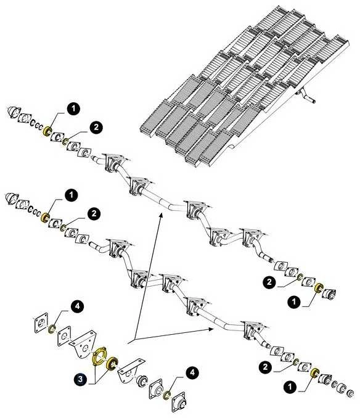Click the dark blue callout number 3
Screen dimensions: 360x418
tap(80, 380)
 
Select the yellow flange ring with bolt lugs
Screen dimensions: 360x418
tap(99, 356)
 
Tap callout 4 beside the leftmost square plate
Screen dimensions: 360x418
tap(77, 306)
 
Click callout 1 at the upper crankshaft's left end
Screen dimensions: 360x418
tap(73, 109)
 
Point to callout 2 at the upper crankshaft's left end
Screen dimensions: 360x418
tap(96, 128)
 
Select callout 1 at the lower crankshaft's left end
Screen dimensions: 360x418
tap(71, 195)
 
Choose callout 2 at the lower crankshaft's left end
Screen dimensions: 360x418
tap(94, 213)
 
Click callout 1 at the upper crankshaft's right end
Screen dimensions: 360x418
tap(294, 302)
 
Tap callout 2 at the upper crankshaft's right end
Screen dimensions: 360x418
tap(269, 282)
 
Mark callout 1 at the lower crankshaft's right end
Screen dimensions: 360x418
tap(290, 387)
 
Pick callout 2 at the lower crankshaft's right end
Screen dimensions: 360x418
tap(266, 367)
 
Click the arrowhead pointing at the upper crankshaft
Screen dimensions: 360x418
tap(160, 216)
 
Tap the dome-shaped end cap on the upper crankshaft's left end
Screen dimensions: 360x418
tap(13, 112)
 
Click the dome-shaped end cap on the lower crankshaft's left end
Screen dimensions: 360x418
tap(11, 199)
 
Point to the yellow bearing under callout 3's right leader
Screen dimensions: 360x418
tap(111, 363)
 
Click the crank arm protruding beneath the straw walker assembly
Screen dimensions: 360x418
tap(306, 97)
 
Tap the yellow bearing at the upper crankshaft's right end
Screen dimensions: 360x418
tap(319, 288)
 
